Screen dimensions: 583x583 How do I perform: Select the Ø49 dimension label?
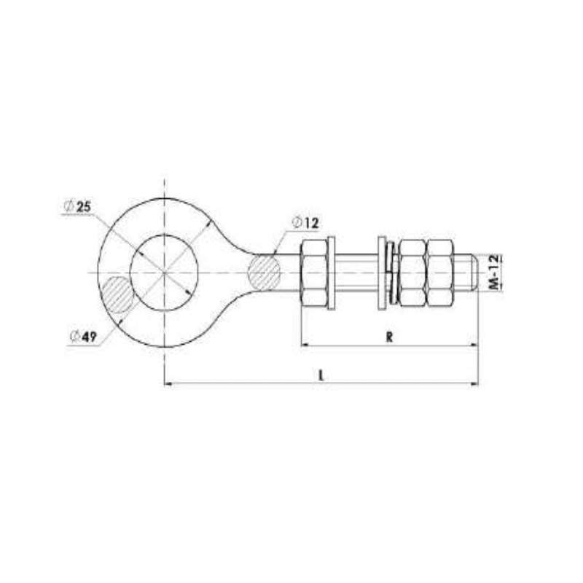tap(85, 336)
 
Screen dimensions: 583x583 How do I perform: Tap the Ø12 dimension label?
tap(306, 222)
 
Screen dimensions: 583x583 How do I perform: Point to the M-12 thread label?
tap(493, 273)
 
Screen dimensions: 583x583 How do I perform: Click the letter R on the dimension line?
tap(390, 337)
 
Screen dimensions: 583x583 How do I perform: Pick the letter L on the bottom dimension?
tap(321, 375)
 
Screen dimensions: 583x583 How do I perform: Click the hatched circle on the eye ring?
tap(117, 294)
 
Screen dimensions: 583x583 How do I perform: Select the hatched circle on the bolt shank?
tap(264, 272)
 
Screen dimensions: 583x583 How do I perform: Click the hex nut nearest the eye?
tap(313, 273)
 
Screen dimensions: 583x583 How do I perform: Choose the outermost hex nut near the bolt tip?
tap(439, 273)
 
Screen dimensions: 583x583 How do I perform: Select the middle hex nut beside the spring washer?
tap(412, 273)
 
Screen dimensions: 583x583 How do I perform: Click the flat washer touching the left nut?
tap(332, 273)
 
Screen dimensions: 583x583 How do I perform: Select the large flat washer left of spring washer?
tap(382, 273)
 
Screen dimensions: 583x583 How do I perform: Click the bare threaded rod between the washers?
tap(356, 273)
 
